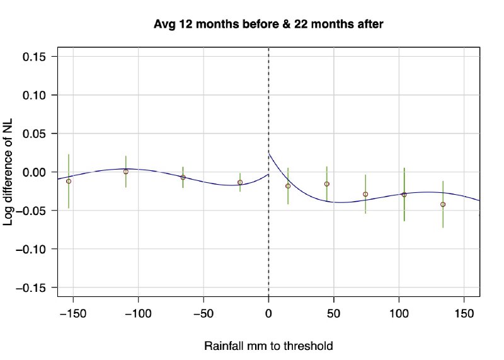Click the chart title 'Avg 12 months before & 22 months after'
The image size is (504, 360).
(269, 25)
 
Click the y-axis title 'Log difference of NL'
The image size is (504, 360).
(9, 171)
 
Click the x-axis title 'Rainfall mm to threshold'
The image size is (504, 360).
(268, 346)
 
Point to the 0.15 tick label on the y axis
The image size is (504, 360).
(38, 57)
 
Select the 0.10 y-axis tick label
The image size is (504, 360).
(38, 95)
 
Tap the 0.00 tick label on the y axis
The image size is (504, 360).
(38, 172)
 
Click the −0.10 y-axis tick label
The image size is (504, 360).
(35, 249)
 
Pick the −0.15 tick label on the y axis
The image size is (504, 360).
(35, 287)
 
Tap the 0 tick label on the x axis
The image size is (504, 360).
(269, 313)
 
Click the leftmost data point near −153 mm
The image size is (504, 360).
(69, 181)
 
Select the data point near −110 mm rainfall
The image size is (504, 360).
(126, 171)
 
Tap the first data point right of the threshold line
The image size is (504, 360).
(288, 186)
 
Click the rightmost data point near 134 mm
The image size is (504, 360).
(443, 204)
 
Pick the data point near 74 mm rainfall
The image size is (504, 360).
(365, 194)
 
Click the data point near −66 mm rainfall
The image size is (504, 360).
(183, 177)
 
